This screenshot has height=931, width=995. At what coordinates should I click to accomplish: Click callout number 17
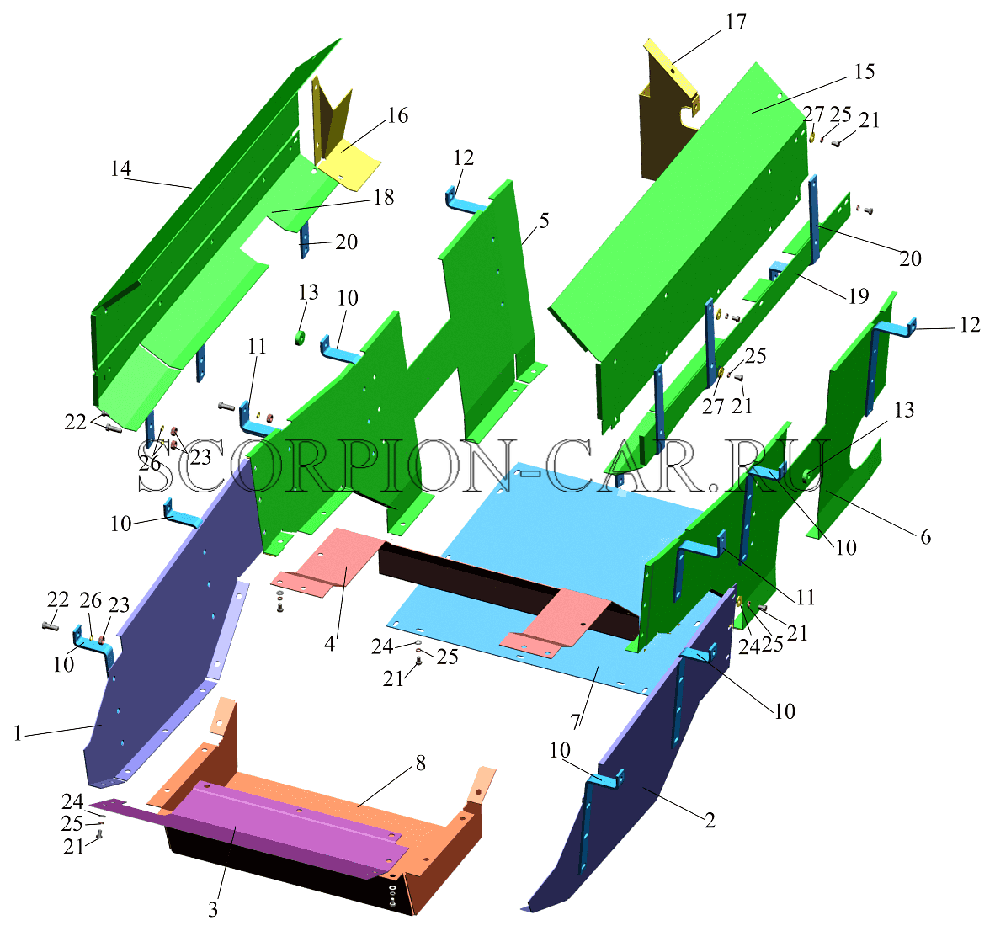(736, 22)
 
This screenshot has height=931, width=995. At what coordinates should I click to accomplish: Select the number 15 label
(865, 72)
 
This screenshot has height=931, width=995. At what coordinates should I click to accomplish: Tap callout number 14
(120, 169)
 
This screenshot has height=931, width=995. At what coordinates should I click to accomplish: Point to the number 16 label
(397, 115)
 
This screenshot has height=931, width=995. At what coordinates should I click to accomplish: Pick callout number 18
(384, 197)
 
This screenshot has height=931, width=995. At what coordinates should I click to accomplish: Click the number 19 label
(858, 295)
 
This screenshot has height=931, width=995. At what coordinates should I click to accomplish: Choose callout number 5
(544, 221)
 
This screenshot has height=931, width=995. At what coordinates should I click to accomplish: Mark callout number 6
(925, 537)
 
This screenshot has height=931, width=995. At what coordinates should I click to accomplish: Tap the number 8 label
(421, 763)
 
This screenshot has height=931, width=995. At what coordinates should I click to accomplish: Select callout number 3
(213, 910)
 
